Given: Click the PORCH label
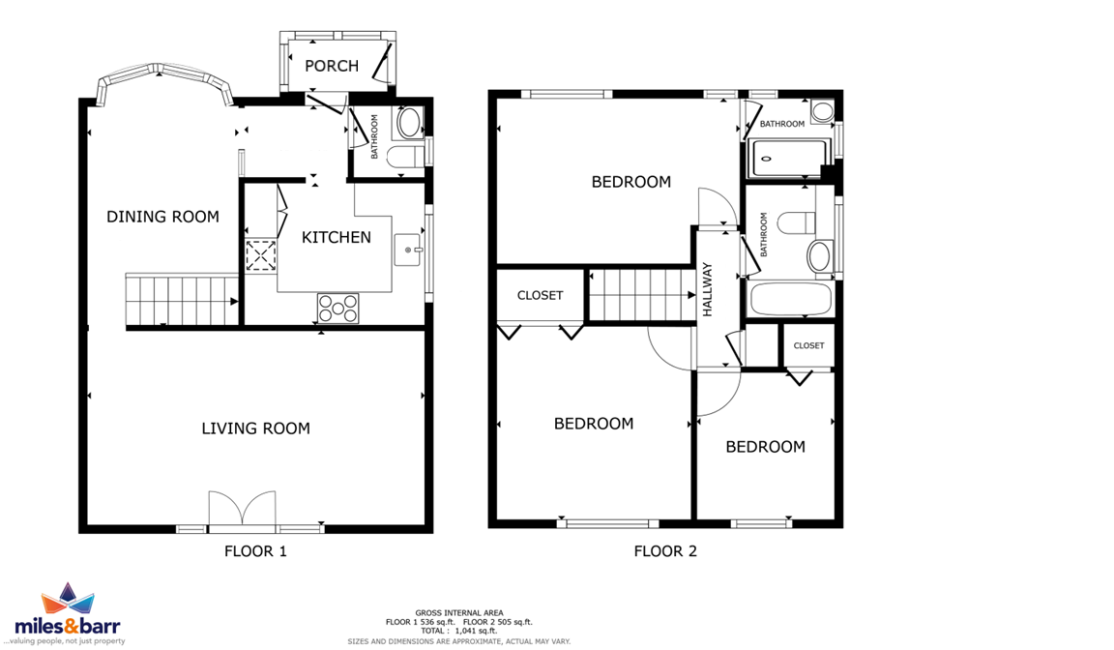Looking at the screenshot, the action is click(x=331, y=66).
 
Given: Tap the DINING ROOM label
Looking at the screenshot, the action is click(x=162, y=217).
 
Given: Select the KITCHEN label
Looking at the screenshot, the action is click(x=337, y=237).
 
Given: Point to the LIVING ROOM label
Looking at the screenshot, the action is click(x=255, y=428).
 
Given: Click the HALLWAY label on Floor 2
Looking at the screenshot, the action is click(x=707, y=289).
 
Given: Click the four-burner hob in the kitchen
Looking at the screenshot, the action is click(x=338, y=309).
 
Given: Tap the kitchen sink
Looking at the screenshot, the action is click(x=408, y=250).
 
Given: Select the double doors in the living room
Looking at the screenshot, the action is click(x=243, y=510).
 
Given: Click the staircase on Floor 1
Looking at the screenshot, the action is click(x=182, y=301).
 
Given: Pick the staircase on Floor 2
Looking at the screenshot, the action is click(x=641, y=295).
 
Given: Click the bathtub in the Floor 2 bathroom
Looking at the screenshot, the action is click(x=790, y=300).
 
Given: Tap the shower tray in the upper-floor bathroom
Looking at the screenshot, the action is click(x=789, y=159).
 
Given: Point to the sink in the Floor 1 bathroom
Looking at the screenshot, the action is click(x=408, y=123).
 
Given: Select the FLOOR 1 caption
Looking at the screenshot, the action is click(x=255, y=551).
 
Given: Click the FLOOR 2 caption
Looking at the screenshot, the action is click(x=665, y=551).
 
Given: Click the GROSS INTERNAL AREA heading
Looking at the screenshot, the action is click(x=459, y=612).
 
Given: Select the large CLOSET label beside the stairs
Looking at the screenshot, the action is click(x=540, y=296).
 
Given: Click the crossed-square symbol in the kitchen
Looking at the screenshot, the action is click(x=261, y=255).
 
